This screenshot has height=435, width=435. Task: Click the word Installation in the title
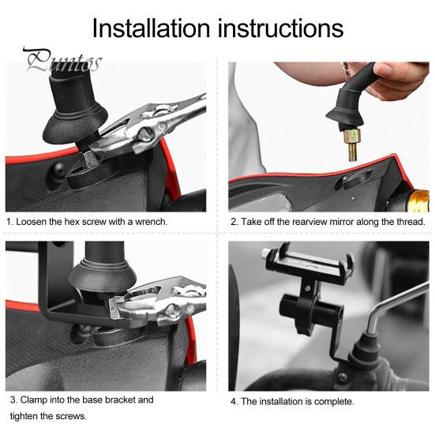[152, 28]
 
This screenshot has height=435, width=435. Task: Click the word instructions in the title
[280, 28]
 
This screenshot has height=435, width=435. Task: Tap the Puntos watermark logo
[62, 60]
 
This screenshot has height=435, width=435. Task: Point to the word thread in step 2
[411, 222]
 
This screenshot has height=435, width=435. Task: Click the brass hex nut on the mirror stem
[352, 137]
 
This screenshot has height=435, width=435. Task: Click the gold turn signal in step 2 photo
[418, 201]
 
